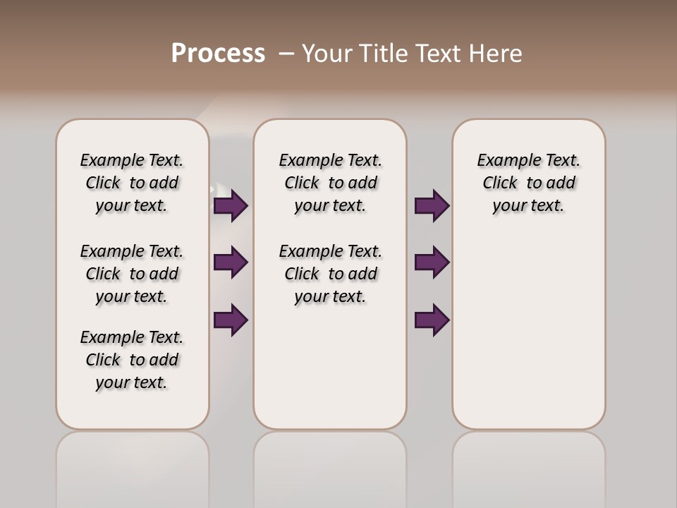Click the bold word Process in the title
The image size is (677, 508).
pos(218,53)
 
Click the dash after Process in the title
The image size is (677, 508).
pos(286,54)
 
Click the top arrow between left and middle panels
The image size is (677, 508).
pos(231,205)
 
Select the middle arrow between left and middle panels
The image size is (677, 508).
pos(231,262)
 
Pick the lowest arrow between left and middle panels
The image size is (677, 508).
pos(231,320)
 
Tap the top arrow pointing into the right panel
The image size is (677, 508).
pos(432,205)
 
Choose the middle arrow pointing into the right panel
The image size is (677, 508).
pos(432,262)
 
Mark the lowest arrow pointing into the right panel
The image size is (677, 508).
pos(432,320)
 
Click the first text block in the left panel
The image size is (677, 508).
pos(132,183)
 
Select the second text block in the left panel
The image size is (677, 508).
pos(132,274)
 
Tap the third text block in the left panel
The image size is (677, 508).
pos(132,360)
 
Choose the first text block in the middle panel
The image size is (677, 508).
pos(330,183)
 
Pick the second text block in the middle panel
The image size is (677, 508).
pos(330,274)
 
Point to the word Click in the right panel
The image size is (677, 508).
pos(500,183)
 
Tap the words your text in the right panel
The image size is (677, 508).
pos(528,206)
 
